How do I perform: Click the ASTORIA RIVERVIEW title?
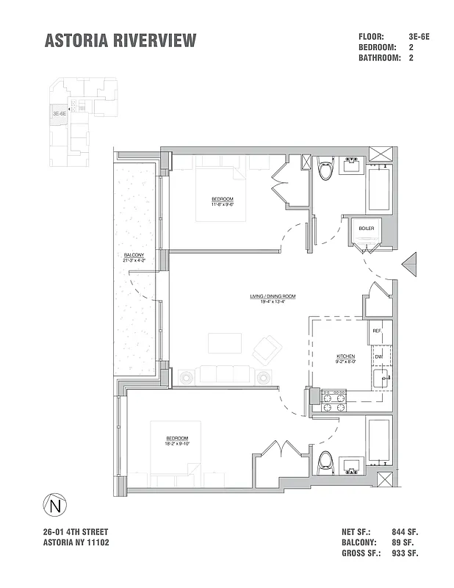[120, 40]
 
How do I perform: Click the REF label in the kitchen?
[377, 331]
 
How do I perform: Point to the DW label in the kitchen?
[378, 356]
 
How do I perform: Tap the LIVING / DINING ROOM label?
[272, 298]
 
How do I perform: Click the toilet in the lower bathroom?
[325, 461]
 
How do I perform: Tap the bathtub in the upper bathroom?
[380, 190]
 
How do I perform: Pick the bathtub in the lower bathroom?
[380, 440]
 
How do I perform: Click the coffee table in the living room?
[225, 343]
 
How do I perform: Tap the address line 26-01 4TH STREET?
[76, 531]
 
